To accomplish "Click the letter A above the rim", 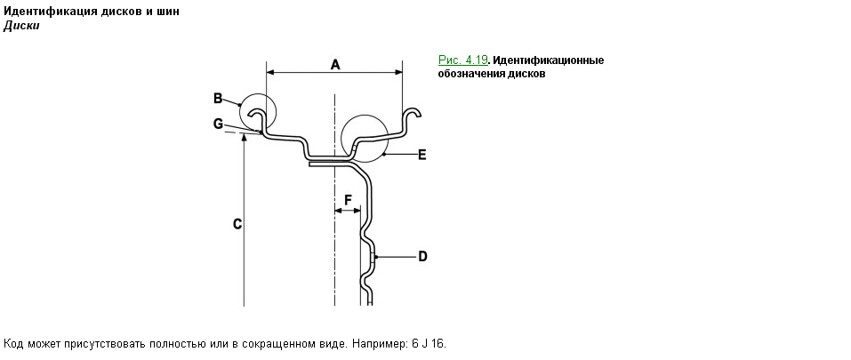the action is pyautogui.click(x=335, y=65).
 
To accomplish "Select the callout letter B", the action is pyautogui.click(x=218, y=98).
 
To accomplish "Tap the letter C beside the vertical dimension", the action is pyautogui.click(x=237, y=224).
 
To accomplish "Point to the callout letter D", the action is pyautogui.click(x=422, y=257).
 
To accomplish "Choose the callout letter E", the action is pyautogui.click(x=421, y=155).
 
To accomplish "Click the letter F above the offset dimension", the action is pyautogui.click(x=348, y=200).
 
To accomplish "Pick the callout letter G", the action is pyautogui.click(x=218, y=124).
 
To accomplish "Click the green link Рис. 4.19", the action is pyautogui.click(x=463, y=60).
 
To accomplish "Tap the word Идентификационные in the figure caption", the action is pyautogui.click(x=548, y=60).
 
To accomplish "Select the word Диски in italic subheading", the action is pyautogui.click(x=21, y=26).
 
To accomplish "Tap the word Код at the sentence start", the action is pyautogui.click(x=13, y=344).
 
